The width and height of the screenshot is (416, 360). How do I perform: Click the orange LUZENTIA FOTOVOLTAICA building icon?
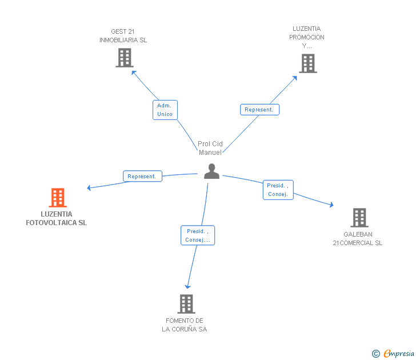click(x=58, y=198)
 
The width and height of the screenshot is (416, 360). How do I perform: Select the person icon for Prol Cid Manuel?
click(x=211, y=171)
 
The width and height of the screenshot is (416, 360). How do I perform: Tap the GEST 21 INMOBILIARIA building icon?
click(x=124, y=58)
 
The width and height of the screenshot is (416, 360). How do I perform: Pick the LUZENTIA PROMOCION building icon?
click(x=307, y=63)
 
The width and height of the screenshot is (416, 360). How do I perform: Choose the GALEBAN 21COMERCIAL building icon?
click(x=359, y=218)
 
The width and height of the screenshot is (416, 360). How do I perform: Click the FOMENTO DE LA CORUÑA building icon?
click(x=186, y=304)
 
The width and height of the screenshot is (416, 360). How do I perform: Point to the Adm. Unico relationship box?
click(x=165, y=110)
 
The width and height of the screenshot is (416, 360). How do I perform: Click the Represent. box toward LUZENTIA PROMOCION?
click(x=260, y=110)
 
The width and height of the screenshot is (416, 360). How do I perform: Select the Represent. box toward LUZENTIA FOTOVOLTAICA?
click(x=142, y=177)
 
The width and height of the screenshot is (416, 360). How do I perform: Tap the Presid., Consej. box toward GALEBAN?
click(x=278, y=190)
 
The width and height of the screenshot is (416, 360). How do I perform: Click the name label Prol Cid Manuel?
click(x=210, y=148)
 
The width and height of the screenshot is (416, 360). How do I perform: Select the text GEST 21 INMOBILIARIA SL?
click(x=123, y=36)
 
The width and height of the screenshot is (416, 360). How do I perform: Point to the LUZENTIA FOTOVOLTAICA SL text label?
click(x=57, y=219)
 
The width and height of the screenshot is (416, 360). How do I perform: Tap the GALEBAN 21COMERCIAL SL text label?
click(x=358, y=239)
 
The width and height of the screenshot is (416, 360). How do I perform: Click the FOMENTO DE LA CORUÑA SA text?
click(x=185, y=325)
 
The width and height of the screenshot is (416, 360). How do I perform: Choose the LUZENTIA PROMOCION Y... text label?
click(x=307, y=37)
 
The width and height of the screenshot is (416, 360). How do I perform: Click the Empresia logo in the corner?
click(x=394, y=354)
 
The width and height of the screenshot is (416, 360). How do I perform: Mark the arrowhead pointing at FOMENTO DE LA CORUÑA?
click(x=187, y=287)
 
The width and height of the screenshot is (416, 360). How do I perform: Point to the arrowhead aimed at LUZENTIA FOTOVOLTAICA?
click(x=89, y=187)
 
